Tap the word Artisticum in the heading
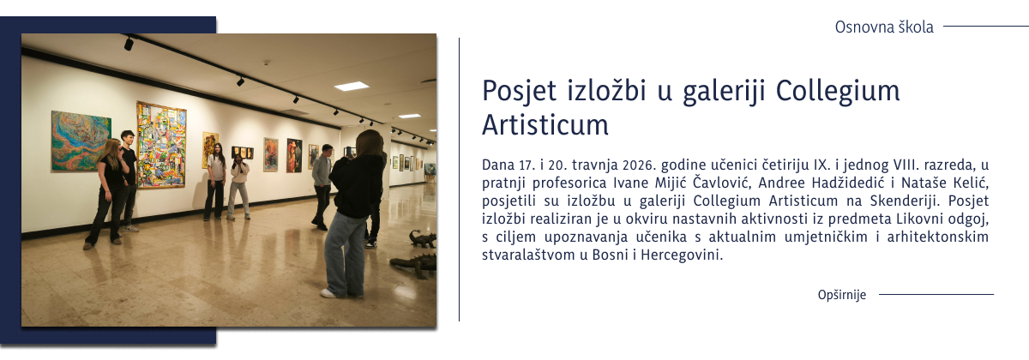(545, 125)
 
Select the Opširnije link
(841, 295)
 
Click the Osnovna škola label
(884, 27)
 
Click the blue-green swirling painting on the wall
(81, 141)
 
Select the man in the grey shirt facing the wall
(322, 184)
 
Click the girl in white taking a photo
(239, 184)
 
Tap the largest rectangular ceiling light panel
(352, 87)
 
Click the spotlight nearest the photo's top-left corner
(129, 44)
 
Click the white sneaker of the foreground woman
(328, 293)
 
